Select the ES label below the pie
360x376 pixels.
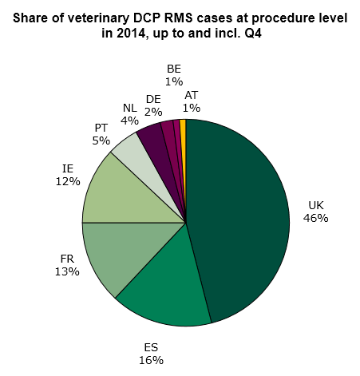(150, 347)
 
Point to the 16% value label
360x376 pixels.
(150, 360)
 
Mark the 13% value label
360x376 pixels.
(68, 272)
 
